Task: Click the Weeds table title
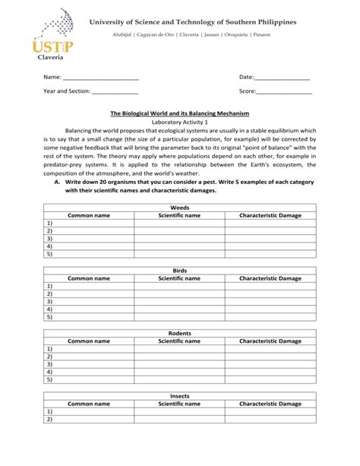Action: (179, 207)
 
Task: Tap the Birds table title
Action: (179, 270)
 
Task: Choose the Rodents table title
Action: (179, 333)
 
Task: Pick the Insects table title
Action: (179, 396)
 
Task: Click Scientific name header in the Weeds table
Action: (179, 215)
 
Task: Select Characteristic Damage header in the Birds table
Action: (270, 278)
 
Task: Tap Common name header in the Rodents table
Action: (89, 341)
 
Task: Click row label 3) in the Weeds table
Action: (49, 239)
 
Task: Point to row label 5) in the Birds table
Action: (49, 317)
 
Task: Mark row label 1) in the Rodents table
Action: (49, 349)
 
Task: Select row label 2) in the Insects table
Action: (49, 420)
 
